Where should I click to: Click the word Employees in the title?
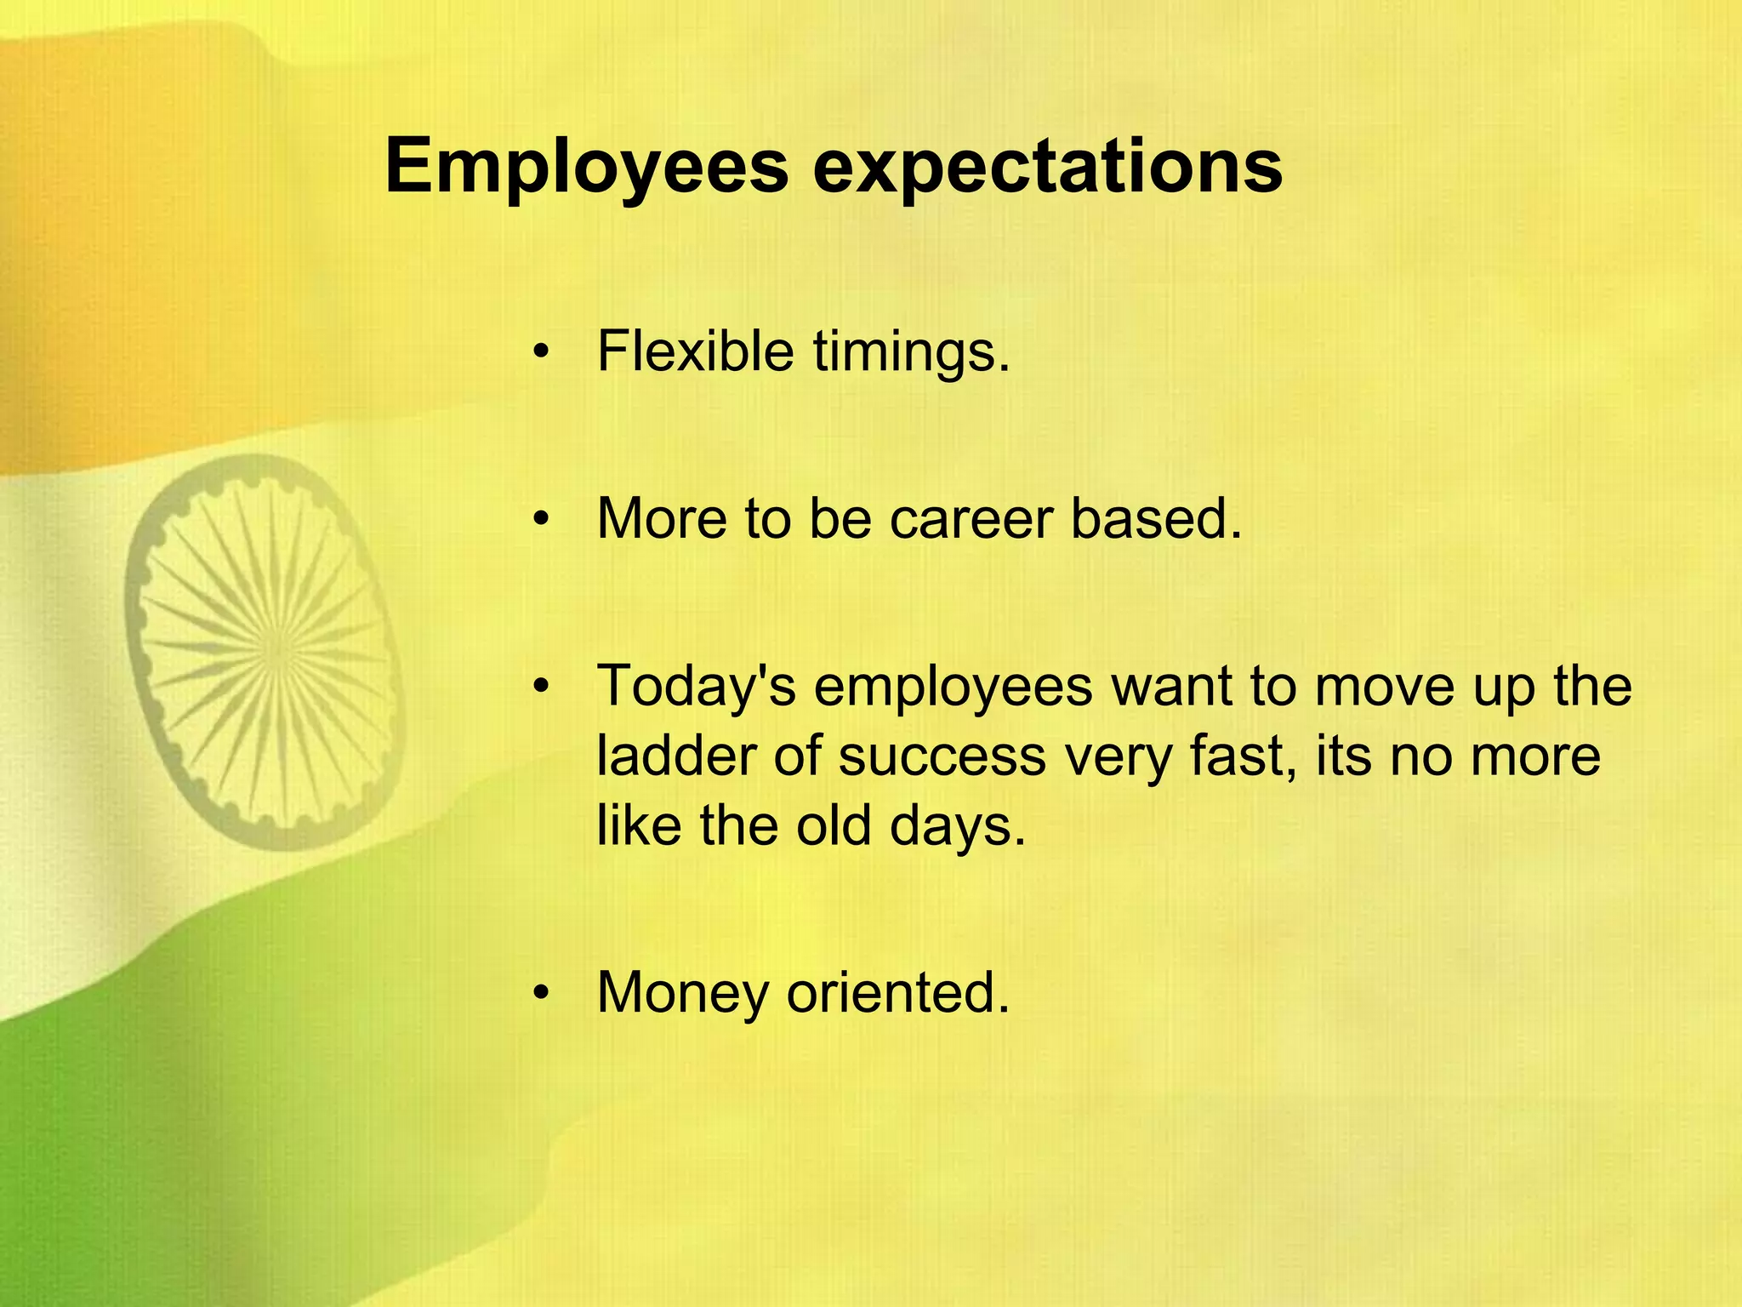pyautogui.click(x=587, y=167)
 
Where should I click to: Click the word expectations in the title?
pyautogui.click(x=1047, y=167)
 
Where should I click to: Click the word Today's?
pyautogui.click(x=697, y=686)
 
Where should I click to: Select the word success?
pyautogui.click(x=942, y=755)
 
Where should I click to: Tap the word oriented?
pyautogui.click(x=897, y=992)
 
